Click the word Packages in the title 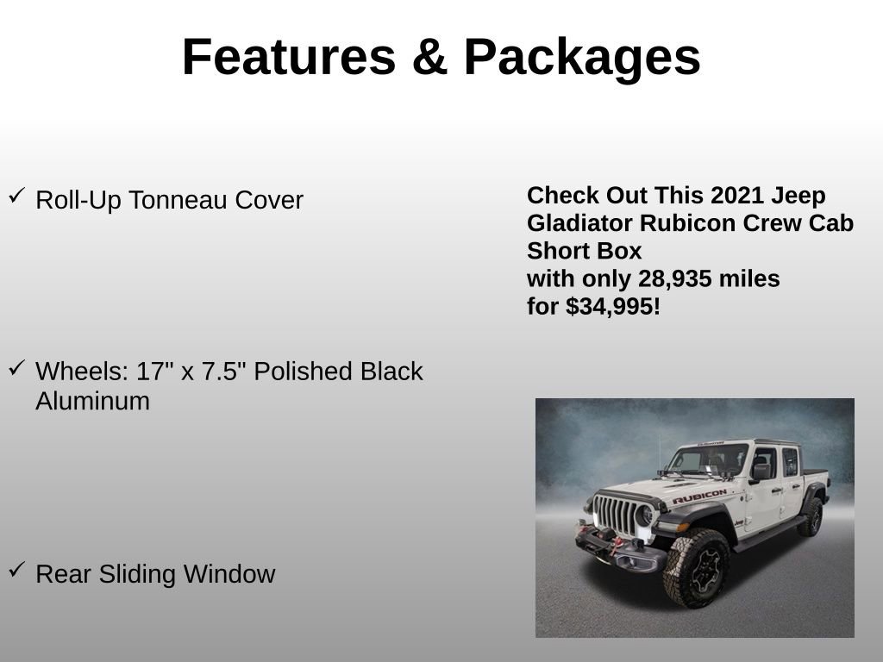coord(582,57)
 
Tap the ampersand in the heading coord(429,57)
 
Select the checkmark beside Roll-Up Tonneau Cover coord(16,197)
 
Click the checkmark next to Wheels coord(16,368)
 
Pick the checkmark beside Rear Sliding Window coord(16,570)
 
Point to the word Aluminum coord(92,401)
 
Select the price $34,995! coord(613,307)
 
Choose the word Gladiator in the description coord(579,223)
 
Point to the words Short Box coord(585,251)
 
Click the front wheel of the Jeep coord(696,566)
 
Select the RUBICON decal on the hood coord(698,497)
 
